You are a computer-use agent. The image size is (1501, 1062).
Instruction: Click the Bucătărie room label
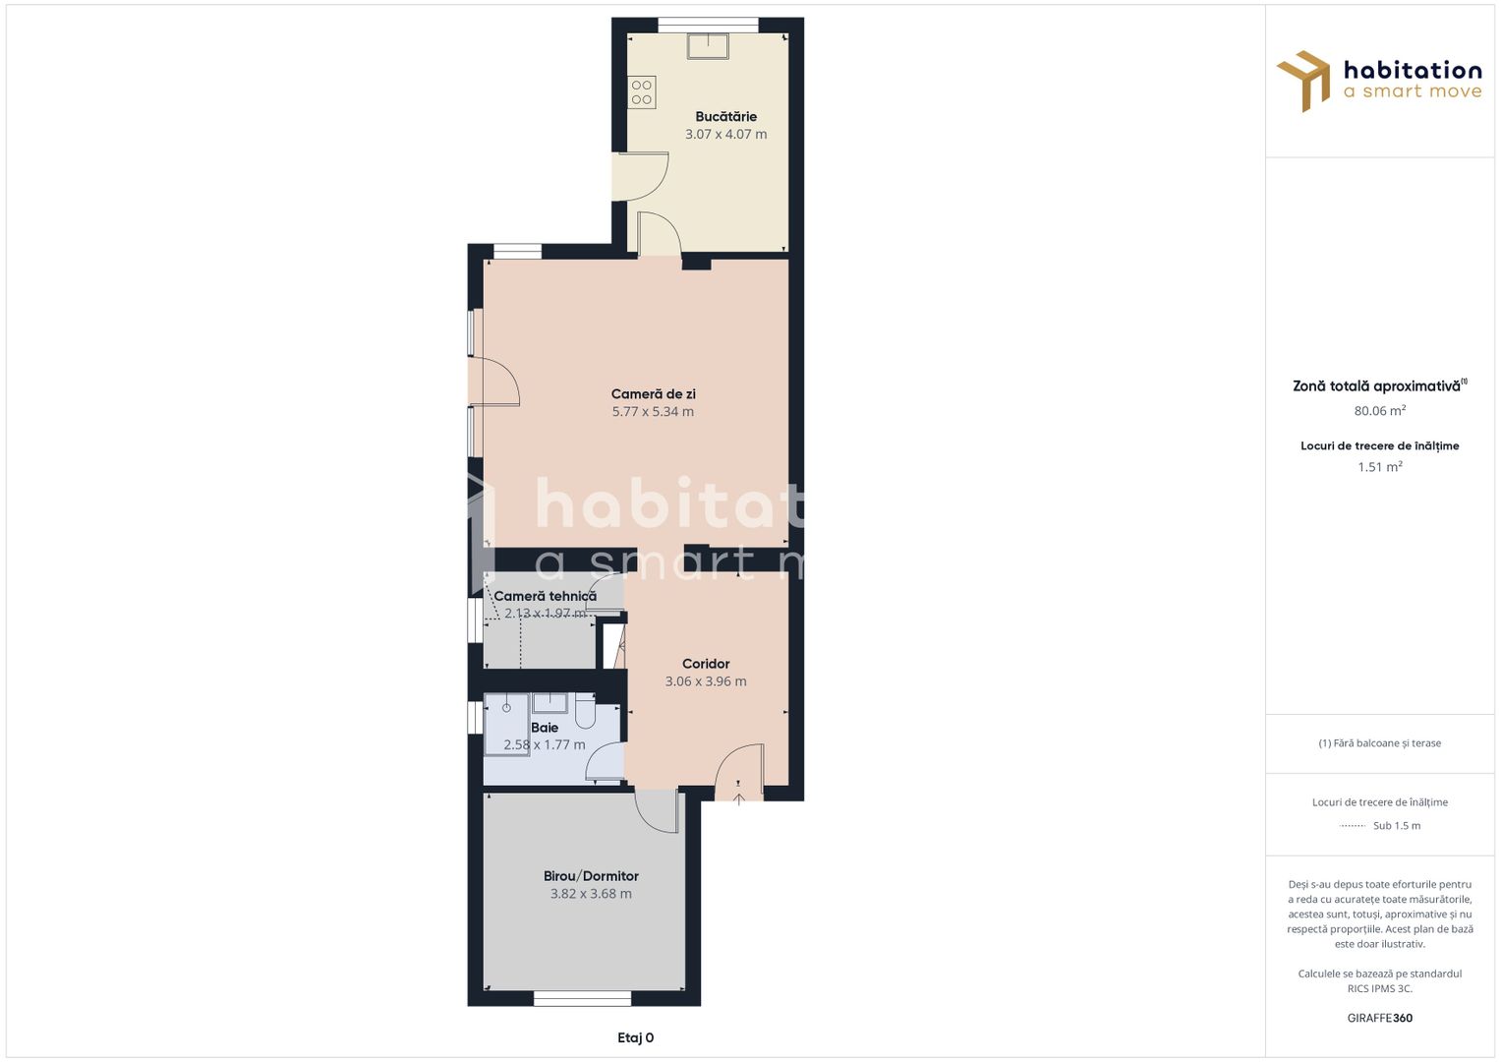[725, 116]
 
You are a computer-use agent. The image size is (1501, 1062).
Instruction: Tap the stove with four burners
[642, 92]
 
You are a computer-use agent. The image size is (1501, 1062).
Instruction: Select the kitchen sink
[708, 45]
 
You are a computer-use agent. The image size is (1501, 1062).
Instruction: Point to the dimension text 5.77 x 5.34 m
[653, 412]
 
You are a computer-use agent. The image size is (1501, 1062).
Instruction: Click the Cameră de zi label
[653, 394]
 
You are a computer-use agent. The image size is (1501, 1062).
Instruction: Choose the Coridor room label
[706, 664]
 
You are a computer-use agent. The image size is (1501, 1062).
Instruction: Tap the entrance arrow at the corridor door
[739, 798]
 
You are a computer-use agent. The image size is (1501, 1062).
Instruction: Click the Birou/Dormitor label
[591, 876]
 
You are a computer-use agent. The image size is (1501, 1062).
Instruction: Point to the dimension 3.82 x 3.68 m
[591, 894]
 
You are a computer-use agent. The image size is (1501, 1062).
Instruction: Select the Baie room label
[545, 728]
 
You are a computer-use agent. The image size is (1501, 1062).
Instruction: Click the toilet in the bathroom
[585, 710]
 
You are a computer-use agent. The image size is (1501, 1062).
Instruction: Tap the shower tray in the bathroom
[506, 724]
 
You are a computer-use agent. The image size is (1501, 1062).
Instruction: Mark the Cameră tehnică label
[545, 596]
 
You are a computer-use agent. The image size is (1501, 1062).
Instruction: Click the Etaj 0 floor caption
[635, 1037]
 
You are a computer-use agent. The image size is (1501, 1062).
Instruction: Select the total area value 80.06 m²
[1379, 411]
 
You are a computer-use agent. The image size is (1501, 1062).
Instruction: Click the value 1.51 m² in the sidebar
[1379, 467]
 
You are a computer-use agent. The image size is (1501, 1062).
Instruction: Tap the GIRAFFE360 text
[1379, 1018]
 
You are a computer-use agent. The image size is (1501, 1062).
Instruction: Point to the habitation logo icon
[1303, 80]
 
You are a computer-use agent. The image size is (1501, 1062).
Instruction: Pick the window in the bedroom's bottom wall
[582, 999]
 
